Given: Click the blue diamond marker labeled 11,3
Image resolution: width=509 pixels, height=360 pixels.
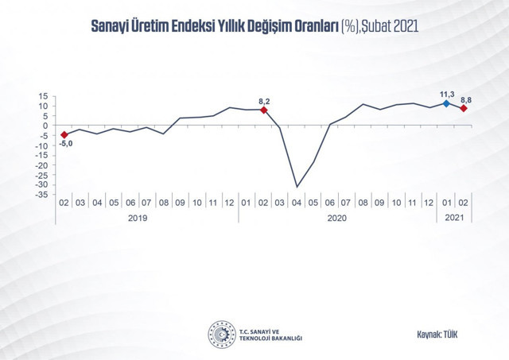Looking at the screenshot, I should tap(447, 103).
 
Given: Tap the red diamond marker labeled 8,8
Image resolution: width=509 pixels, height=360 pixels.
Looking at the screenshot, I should tap(464, 108).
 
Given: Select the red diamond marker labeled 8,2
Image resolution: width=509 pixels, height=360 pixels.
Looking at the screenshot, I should tap(264, 110).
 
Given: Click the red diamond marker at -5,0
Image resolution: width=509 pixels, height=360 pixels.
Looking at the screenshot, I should tap(64, 134).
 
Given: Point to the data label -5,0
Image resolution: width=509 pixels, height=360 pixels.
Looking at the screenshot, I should tap(65, 145).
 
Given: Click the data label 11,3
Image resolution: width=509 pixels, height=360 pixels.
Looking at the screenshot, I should tap(448, 92).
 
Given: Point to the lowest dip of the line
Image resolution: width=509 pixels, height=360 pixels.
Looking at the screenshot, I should tap(297, 187).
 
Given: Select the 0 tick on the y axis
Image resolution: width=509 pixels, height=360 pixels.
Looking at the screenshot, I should tap(48, 125).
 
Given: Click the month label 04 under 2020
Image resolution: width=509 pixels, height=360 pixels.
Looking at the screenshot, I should tap(297, 203).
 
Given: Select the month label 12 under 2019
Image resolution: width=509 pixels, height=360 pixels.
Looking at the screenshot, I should tap(231, 203).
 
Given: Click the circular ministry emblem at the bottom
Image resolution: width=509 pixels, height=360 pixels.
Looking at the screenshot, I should tap(220, 333).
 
